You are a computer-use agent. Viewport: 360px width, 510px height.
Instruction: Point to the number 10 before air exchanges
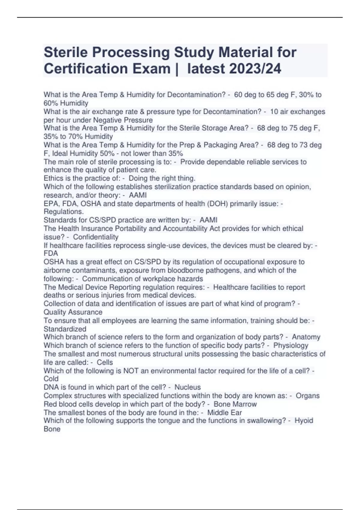click(274, 112)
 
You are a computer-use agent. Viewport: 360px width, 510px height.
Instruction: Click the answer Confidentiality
click(96, 237)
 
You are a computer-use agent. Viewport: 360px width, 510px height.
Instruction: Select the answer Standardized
click(65, 329)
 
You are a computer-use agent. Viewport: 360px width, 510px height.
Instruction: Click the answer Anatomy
click(306, 337)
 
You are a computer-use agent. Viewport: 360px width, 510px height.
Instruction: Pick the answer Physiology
click(291, 345)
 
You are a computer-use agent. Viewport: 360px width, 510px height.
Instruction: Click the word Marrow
click(244, 404)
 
